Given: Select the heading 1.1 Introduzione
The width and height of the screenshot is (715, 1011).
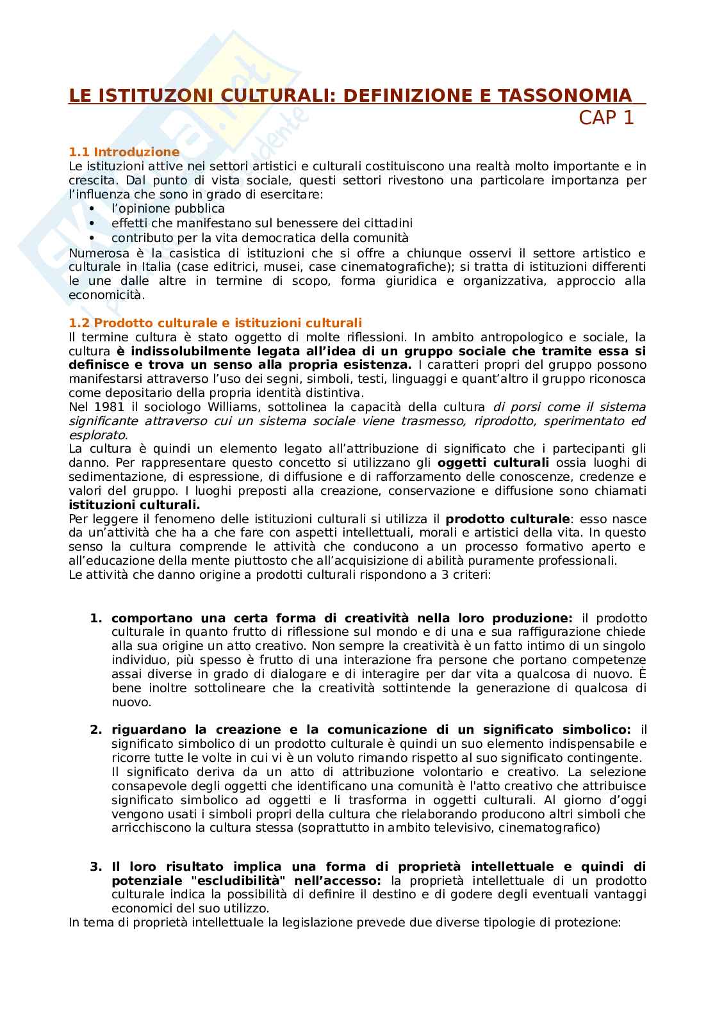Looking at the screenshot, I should coord(124,152).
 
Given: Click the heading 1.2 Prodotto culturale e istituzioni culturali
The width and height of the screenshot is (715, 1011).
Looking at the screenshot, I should coord(215,323).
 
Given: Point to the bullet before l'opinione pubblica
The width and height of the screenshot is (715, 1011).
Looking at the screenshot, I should coord(92,209).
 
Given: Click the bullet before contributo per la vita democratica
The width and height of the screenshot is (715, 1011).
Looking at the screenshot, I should coord(92,238).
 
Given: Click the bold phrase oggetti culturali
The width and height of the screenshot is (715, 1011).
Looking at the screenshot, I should coord(493,463).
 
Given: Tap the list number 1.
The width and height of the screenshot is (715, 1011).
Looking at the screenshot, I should coord(95,619).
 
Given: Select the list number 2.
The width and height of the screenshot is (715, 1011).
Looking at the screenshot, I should coord(95,730).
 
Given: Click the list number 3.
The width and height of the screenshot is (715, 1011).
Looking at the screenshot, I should coord(95,867).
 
